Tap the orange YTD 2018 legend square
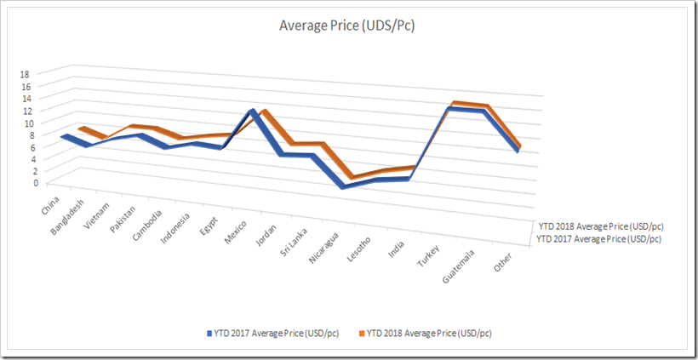(x=361, y=333)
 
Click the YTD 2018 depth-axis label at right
(x=600, y=227)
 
